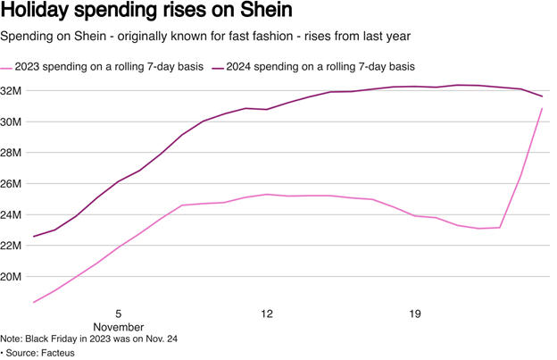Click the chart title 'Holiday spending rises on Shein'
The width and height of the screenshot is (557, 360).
[x=148, y=13]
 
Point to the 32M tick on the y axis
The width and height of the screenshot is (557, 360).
[x=13, y=90]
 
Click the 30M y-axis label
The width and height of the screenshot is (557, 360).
[x=13, y=121]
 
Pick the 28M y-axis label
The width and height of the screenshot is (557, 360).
[x=13, y=153]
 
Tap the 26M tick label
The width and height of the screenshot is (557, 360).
[x=13, y=184]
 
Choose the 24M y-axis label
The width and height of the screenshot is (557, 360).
[x=13, y=214]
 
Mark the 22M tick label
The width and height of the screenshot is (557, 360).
[x=13, y=246]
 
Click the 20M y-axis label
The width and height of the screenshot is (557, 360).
[x=13, y=277]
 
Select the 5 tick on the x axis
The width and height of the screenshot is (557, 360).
[x=118, y=314]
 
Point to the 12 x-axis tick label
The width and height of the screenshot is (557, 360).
[x=267, y=314]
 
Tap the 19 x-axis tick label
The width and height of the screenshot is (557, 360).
[x=415, y=314]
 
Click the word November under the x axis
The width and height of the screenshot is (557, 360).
[x=118, y=327]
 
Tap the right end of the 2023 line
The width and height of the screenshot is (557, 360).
[x=542, y=109]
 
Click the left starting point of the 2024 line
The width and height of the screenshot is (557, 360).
[x=34, y=237]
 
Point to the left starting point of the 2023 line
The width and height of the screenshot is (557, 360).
[x=34, y=302]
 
